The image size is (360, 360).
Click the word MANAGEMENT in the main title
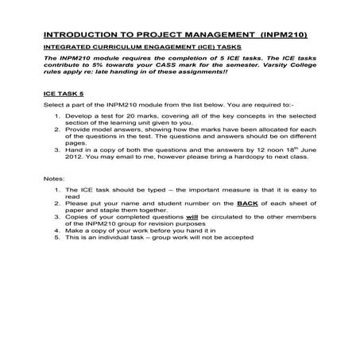click(209, 36)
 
